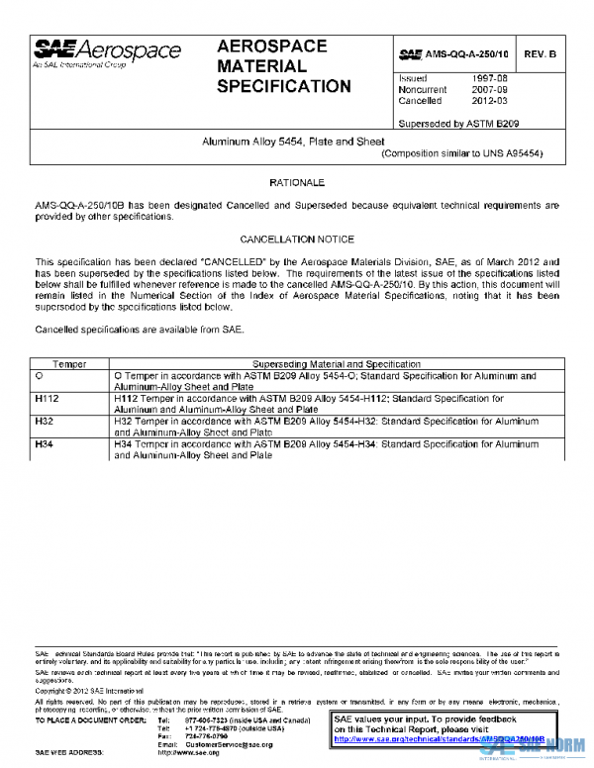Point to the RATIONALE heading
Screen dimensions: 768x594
coord(296,184)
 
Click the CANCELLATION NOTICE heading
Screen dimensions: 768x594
coord(296,240)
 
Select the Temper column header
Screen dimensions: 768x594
coord(69,365)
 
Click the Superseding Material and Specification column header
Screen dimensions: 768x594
coord(337,365)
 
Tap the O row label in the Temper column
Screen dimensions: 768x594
coord(40,377)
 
